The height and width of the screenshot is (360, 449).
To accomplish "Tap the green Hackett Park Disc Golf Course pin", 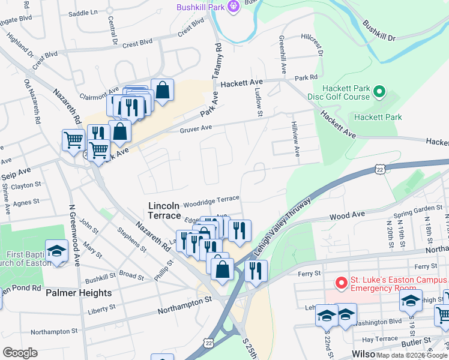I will tap(379, 92).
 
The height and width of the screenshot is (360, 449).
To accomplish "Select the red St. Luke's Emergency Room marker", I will tap(341, 282).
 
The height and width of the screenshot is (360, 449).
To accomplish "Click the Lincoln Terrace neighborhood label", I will tap(164, 211).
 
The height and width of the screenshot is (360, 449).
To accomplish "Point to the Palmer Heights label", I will tap(79, 293).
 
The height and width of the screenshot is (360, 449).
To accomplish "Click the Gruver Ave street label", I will tap(196, 128).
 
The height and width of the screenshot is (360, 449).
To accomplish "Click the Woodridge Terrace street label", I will tap(211, 200).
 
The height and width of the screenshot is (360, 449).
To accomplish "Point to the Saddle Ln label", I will tap(82, 12).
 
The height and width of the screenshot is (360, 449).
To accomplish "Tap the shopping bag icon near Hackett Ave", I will tap(162, 91).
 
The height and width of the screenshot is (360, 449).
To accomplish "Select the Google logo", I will tap(20, 353).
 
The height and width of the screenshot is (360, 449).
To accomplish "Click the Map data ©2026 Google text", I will tap(411, 355).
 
